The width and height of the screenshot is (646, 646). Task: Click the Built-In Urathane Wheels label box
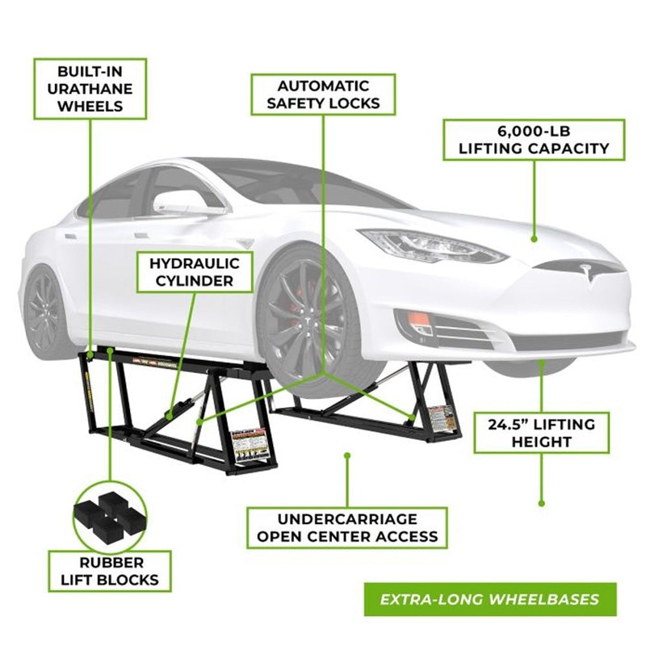pyautogui.click(x=90, y=89)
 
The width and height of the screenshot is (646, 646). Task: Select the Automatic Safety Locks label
pyautogui.click(x=323, y=94)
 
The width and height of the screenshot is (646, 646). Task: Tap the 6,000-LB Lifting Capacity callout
pyautogui.click(x=534, y=140)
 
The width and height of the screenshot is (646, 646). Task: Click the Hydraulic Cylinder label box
pyautogui.click(x=195, y=272)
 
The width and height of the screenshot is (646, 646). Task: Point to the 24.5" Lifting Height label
pyautogui.click(x=541, y=433)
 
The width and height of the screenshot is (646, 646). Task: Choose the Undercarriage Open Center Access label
pyautogui.click(x=347, y=528)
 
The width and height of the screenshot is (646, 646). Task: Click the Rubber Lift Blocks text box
pyautogui.click(x=110, y=571)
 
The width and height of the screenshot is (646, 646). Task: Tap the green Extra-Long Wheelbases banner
pyautogui.click(x=490, y=599)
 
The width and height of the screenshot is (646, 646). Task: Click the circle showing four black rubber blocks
pyautogui.click(x=110, y=517)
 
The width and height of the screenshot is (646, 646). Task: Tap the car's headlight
pyautogui.click(x=433, y=246)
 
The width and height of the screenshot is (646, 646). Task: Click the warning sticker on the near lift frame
pyautogui.click(x=246, y=446)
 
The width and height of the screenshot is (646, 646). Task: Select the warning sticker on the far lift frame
pyautogui.click(x=442, y=418)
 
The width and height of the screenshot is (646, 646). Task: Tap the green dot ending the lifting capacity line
pyautogui.click(x=534, y=238)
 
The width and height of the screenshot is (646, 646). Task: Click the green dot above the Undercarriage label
pyautogui.click(x=347, y=455)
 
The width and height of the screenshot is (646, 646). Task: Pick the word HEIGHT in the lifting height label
pyautogui.click(x=541, y=442)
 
